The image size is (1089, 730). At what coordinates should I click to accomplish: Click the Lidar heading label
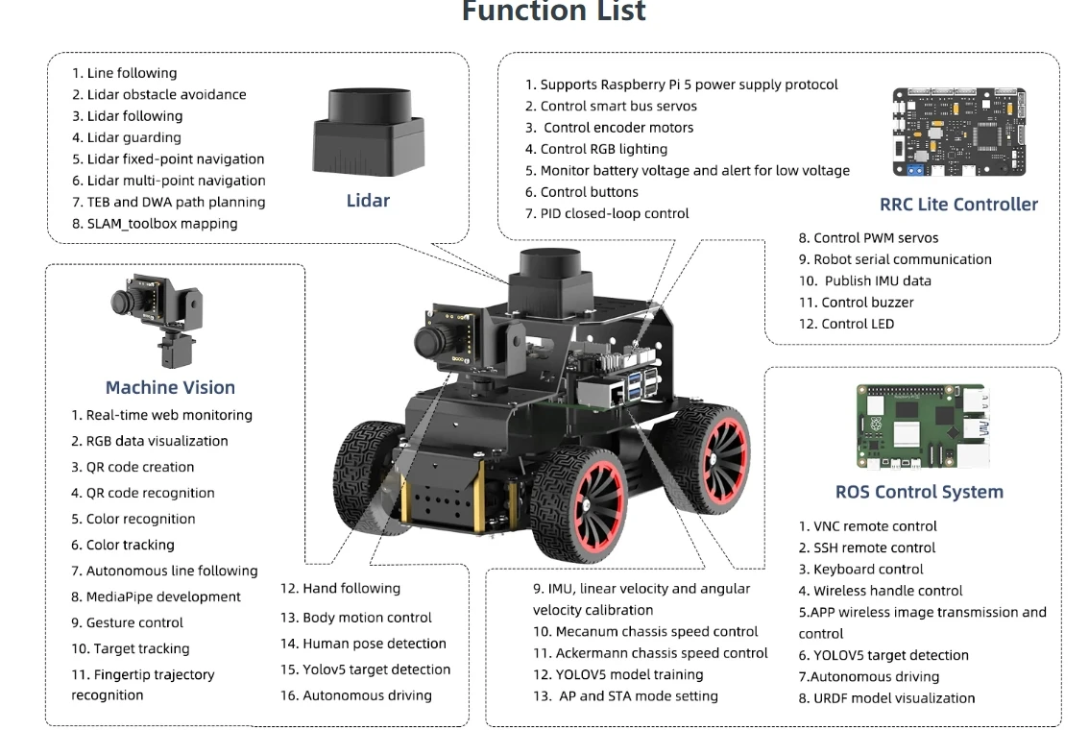(368, 201)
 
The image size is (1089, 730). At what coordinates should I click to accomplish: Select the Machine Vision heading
(170, 387)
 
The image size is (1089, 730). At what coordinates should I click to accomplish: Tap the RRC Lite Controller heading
(957, 204)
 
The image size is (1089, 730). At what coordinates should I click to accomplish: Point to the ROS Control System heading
(918, 492)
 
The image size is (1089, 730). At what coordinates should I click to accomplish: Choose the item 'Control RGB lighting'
(604, 149)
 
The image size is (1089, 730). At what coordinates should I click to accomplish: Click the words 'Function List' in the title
(554, 12)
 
